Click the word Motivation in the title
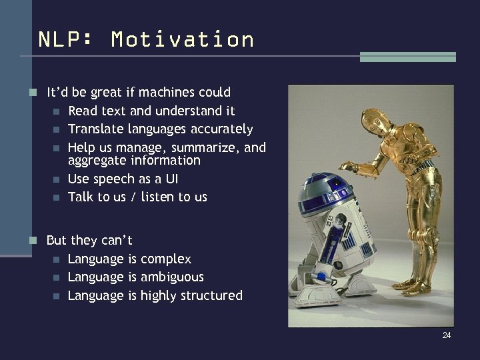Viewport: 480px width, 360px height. (183, 39)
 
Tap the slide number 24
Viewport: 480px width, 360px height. (446, 335)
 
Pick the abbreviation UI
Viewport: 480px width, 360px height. (171, 179)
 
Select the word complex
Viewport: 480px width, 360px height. (166, 259)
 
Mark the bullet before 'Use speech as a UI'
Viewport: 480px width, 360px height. (57, 179)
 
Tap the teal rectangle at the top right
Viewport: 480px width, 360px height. (407, 57)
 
